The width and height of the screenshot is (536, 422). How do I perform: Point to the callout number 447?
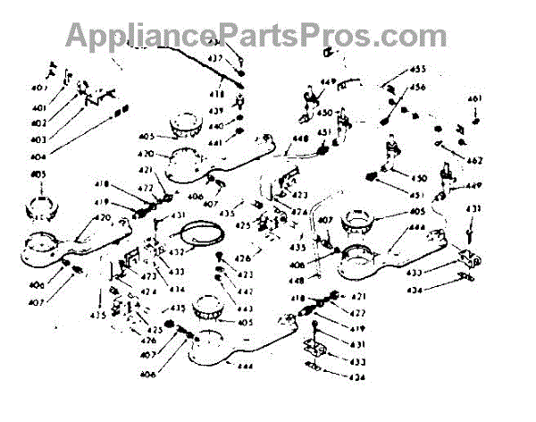click(244, 292)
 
